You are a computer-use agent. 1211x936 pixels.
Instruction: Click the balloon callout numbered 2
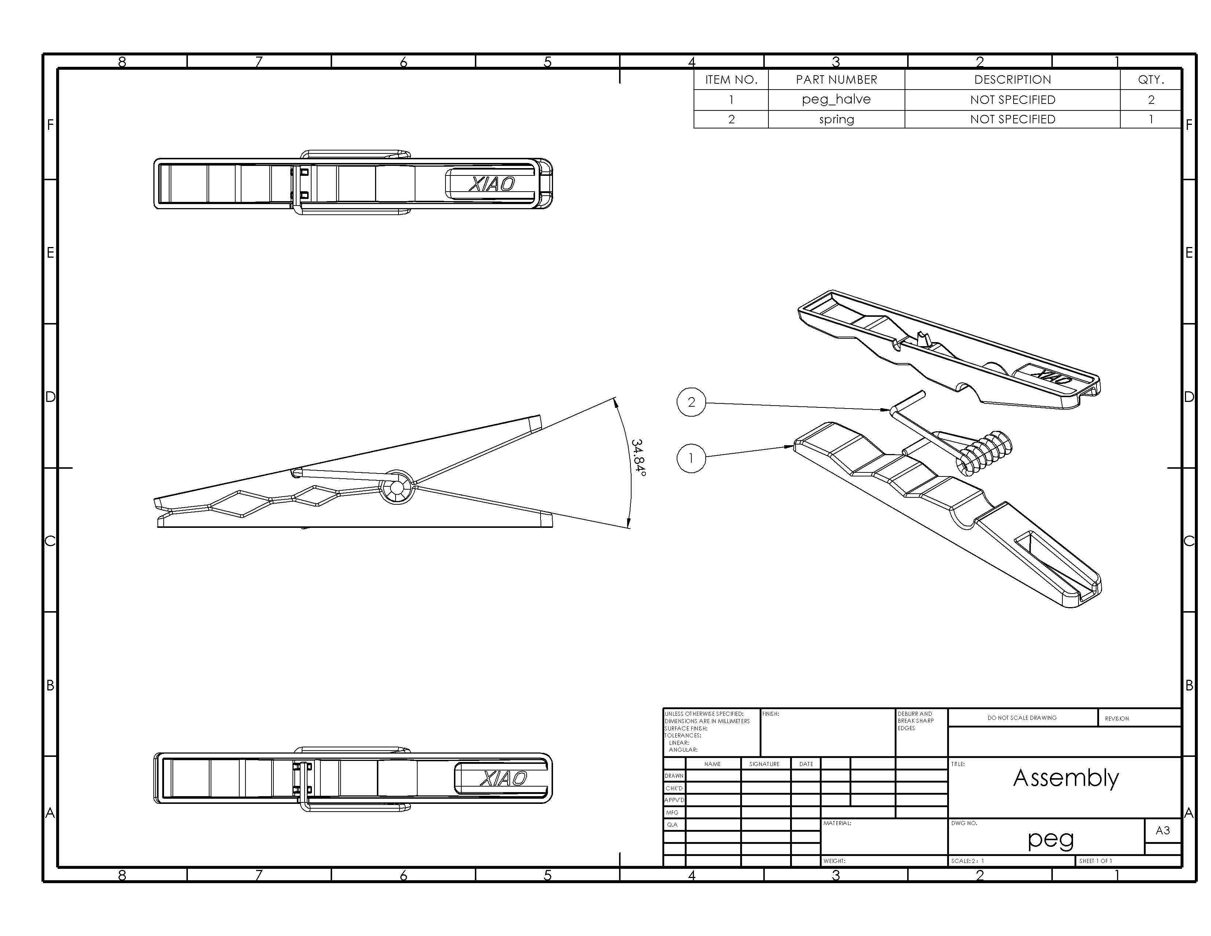click(x=691, y=402)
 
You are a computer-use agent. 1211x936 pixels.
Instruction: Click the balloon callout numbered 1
click(x=691, y=458)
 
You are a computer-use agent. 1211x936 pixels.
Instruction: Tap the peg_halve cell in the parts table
click(x=836, y=99)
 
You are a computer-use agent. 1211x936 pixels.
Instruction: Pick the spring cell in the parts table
click(x=836, y=119)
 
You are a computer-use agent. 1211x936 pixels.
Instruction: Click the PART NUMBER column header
click(x=836, y=79)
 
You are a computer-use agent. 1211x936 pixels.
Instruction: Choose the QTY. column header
click(x=1150, y=79)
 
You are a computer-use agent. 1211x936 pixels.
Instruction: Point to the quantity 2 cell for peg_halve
click(x=1150, y=100)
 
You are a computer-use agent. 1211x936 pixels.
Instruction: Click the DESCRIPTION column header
click(x=1012, y=79)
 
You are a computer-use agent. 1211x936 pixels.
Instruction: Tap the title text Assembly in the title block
click(x=1066, y=778)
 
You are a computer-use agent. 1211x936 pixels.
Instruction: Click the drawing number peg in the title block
click(x=1050, y=839)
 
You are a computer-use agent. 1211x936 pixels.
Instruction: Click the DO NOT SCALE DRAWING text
click(x=1022, y=718)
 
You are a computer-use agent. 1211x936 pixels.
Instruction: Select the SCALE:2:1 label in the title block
click(x=968, y=861)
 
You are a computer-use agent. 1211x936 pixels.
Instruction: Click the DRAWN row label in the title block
click(x=674, y=776)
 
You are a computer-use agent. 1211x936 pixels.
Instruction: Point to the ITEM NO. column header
click(x=731, y=79)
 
